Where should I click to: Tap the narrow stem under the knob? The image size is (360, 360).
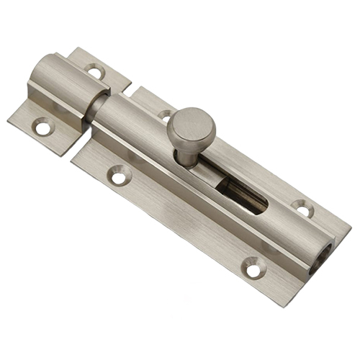(x=186, y=155)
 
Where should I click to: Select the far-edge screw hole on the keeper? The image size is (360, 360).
(x=94, y=71)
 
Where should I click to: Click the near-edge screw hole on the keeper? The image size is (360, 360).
(x=42, y=127)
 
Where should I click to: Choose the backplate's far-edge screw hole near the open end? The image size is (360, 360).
(x=302, y=209)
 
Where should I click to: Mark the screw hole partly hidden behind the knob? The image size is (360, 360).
(x=165, y=115)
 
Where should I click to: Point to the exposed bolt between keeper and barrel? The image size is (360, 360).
(x=93, y=108)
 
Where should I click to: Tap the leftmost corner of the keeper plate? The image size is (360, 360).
(x=9, y=120)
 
